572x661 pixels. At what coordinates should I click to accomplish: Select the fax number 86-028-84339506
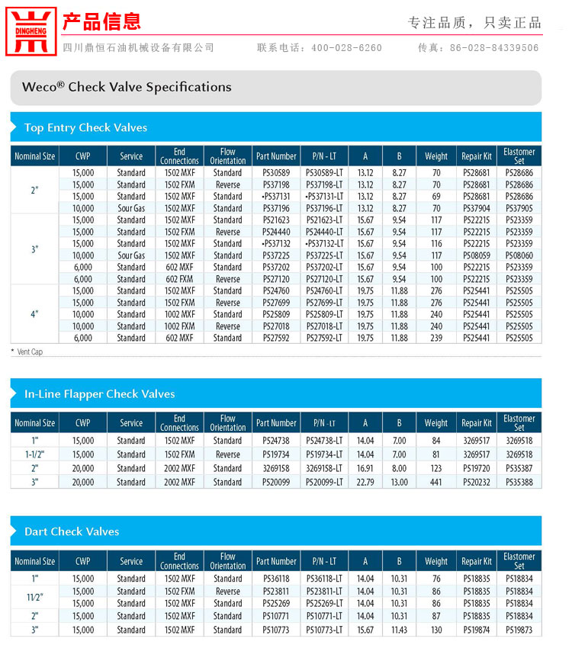click(x=493, y=48)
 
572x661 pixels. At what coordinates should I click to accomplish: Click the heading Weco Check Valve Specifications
click(x=127, y=87)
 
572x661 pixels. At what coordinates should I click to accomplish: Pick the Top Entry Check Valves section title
click(x=85, y=127)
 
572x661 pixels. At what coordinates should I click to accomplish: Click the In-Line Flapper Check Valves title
click(x=99, y=394)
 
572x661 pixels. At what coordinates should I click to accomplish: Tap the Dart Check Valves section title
click(x=72, y=531)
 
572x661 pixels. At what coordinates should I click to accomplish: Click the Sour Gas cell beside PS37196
click(x=131, y=208)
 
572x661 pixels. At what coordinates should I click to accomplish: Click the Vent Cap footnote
click(x=29, y=351)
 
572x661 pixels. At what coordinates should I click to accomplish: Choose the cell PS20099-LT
click(x=324, y=482)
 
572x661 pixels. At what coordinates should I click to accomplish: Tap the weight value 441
click(x=436, y=482)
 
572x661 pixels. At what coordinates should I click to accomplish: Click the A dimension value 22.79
click(x=365, y=482)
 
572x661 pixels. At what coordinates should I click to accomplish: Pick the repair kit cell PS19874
click(x=477, y=630)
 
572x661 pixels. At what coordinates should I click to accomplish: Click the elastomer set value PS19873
click(x=519, y=630)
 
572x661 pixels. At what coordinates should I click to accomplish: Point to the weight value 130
click(x=436, y=630)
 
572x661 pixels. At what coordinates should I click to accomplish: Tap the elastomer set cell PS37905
click(x=519, y=208)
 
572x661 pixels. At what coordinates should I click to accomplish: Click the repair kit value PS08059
click(x=477, y=255)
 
